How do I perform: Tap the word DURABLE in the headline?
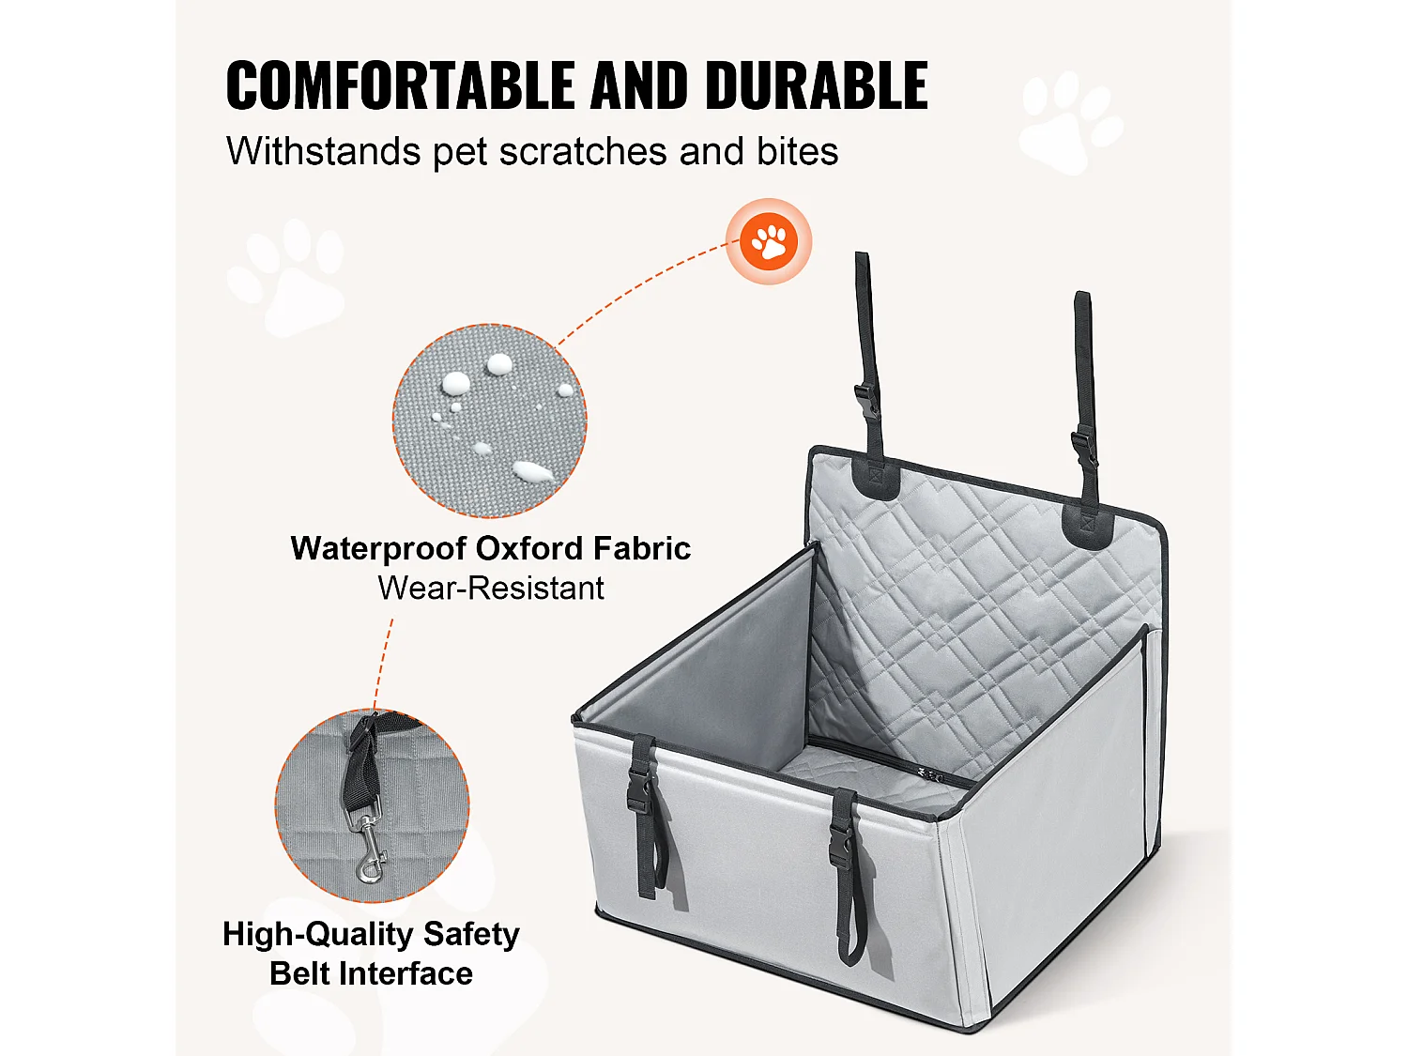[817, 84]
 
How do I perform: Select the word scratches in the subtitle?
[583, 152]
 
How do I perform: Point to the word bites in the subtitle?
[797, 152]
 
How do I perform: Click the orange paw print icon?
[769, 242]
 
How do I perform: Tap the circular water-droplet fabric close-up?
[489, 421]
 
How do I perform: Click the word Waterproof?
[378, 549]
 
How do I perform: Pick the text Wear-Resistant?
[491, 588]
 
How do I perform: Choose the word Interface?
[407, 973]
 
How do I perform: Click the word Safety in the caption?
[471, 934]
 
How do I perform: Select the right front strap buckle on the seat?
[841, 844]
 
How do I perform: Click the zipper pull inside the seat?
[932, 776]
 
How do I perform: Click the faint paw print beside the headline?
[1070, 122]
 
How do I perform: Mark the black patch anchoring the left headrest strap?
[876, 479]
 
